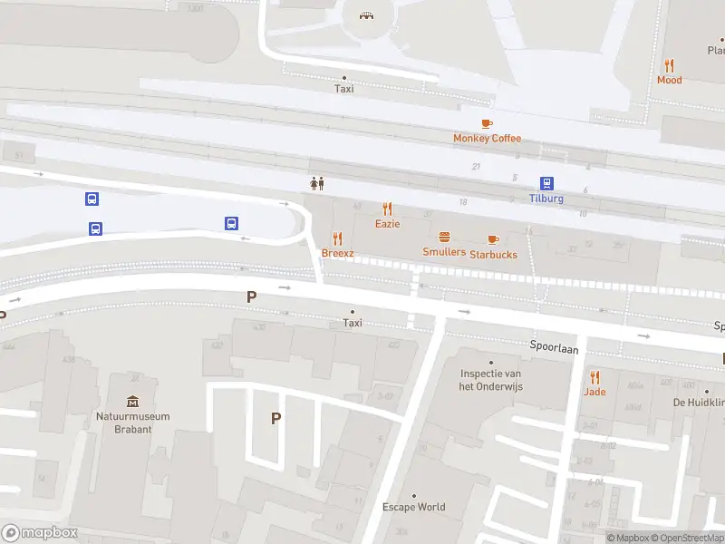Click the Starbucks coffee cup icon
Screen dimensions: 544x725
click(x=493, y=239)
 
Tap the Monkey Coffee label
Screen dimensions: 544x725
click(x=488, y=138)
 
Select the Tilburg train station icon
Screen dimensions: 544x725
click(x=546, y=183)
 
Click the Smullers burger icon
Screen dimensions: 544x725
click(x=444, y=238)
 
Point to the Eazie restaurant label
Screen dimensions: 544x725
click(x=387, y=223)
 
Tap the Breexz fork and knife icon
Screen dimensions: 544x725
click(x=338, y=238)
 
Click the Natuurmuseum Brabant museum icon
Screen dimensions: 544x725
click(x=133, y=401)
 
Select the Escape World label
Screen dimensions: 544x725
click(x=413, y=507)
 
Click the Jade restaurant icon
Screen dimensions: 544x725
click(x=594, y=376)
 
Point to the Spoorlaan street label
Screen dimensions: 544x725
click(x=554, y=348)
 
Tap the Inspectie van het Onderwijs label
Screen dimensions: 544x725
click(x=491, y=380)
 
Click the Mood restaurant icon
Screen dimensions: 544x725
click(x=669, y=65)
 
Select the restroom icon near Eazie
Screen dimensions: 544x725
click(x=316, y=183)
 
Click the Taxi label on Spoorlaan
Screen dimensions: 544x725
click(x=353, y=323)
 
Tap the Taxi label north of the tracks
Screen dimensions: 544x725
click(x=343, y=89)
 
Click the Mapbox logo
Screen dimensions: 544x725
click(x=40, y=533)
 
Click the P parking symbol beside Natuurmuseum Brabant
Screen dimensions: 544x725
click(x=275, y=418)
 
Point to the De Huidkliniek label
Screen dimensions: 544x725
click(x=699, y=402)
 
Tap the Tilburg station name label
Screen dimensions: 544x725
click(x=546, y=199)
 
